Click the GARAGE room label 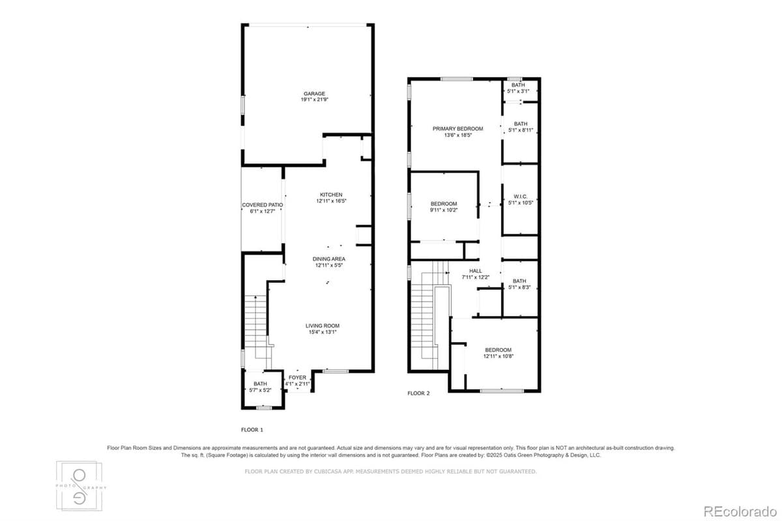313,94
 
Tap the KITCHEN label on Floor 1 331,195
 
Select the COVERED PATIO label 263,205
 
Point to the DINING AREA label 328,259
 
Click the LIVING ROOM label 323,326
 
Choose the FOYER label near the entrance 298,378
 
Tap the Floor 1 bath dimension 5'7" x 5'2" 261,390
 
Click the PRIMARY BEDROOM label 457,129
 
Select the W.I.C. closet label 520,196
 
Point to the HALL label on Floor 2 476,271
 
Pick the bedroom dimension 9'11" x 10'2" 443,210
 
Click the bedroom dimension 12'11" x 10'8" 498,356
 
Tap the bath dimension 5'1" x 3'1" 518,91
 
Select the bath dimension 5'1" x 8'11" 521,130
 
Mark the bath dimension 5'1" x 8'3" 519,287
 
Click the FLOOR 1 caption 252,430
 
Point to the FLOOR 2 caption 418,393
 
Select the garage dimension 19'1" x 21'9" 313,100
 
